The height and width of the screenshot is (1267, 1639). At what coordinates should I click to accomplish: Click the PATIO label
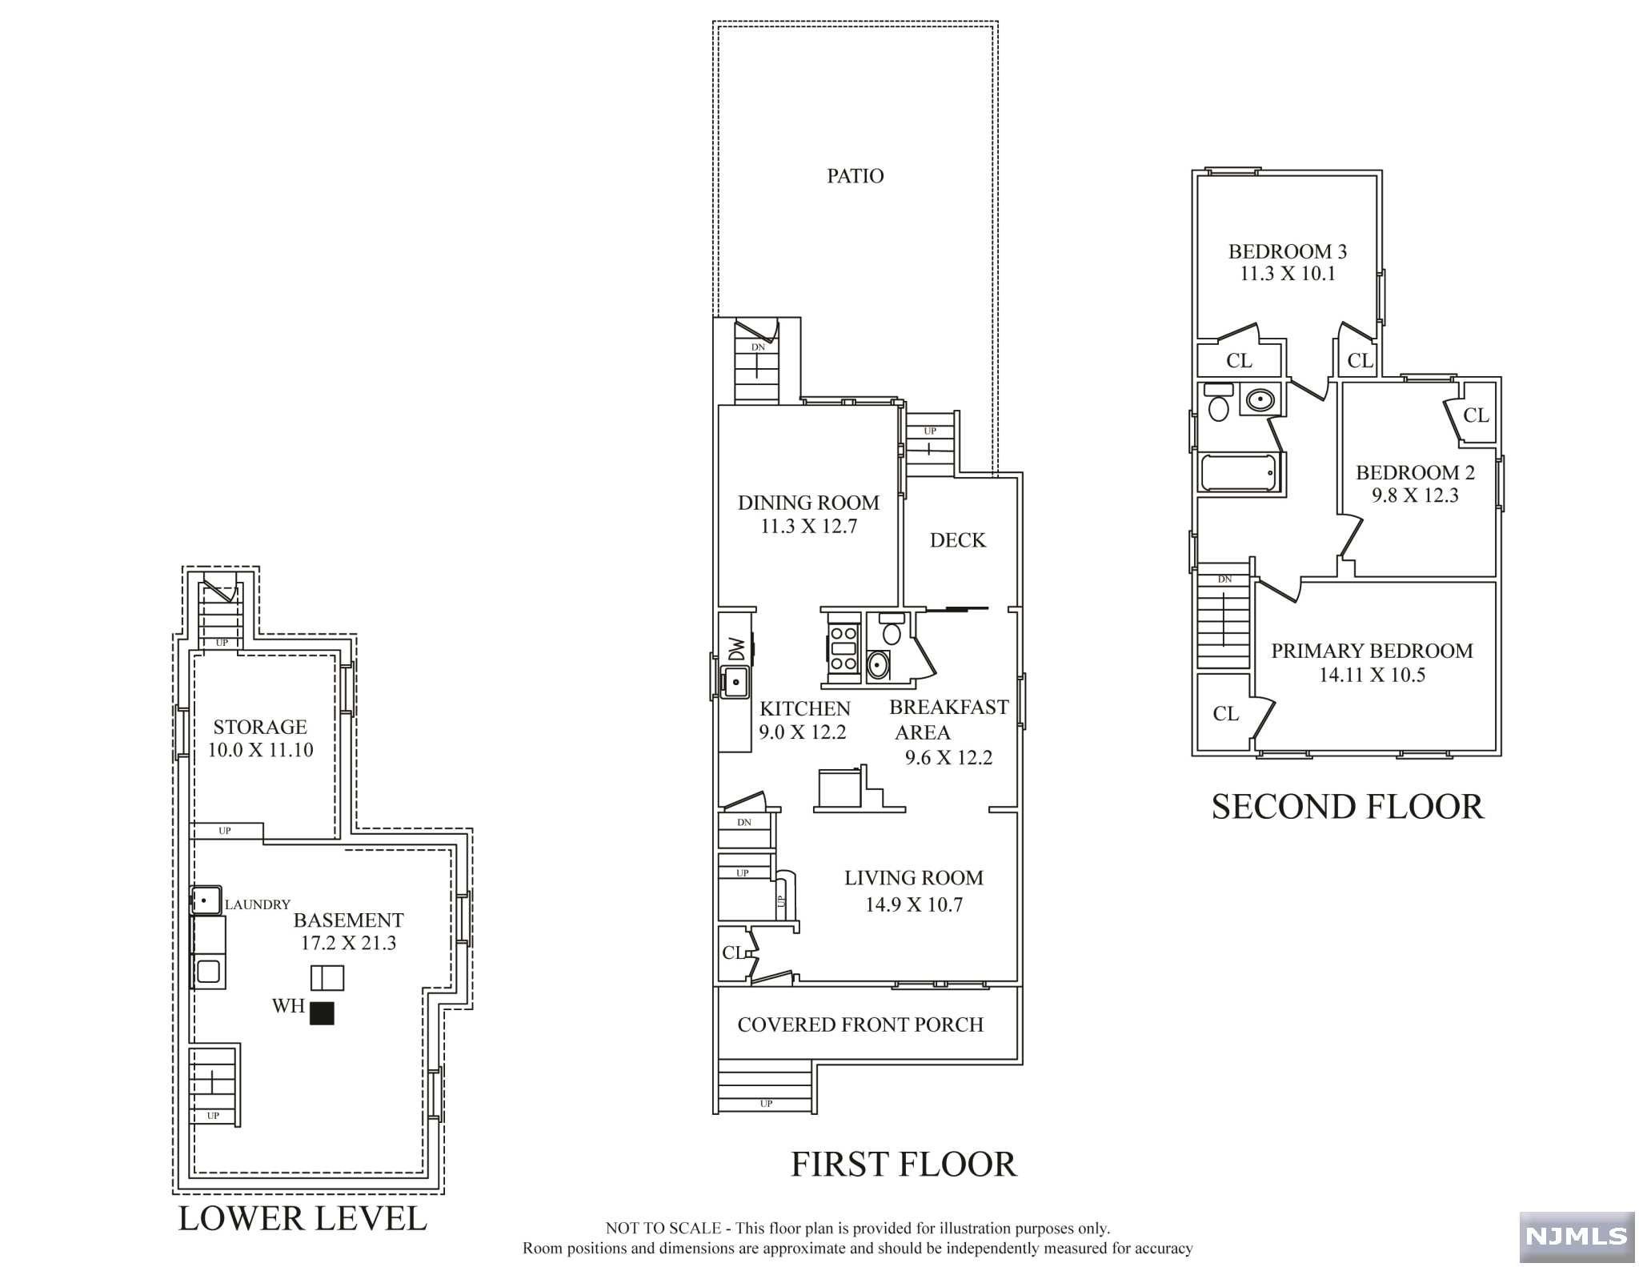(855, 176)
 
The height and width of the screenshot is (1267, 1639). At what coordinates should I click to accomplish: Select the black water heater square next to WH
(322, 1013)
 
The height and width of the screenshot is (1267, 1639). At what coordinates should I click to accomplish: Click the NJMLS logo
(1576, 1237)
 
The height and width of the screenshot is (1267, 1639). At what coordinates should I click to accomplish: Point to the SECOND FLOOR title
(1347, 807)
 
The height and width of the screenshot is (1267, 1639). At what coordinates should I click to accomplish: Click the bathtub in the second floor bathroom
(1239, 473)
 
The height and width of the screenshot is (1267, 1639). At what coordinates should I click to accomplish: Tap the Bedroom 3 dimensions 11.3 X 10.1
(1287, 274)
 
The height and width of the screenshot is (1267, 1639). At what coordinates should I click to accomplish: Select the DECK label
(957, 540)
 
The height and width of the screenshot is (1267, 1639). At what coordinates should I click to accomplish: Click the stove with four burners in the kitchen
(843, 648)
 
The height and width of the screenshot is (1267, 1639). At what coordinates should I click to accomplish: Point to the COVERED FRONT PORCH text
(860, 1024)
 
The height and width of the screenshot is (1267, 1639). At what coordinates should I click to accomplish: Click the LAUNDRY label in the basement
(257, 904)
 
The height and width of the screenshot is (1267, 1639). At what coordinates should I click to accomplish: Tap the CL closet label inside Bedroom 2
(1476, 415)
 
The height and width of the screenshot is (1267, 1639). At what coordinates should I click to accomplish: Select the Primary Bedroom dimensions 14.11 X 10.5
(1372, 675)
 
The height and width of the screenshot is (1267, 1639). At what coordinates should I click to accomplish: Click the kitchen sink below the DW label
(735, 682)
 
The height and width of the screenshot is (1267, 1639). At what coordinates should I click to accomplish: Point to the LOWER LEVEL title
(303, 1218)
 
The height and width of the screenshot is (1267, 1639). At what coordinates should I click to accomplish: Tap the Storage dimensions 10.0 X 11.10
(260, 750)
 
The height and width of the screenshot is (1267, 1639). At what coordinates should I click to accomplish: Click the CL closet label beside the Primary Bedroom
(1225, 713)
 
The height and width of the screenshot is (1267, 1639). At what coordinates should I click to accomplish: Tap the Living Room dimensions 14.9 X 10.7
(913, 904)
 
